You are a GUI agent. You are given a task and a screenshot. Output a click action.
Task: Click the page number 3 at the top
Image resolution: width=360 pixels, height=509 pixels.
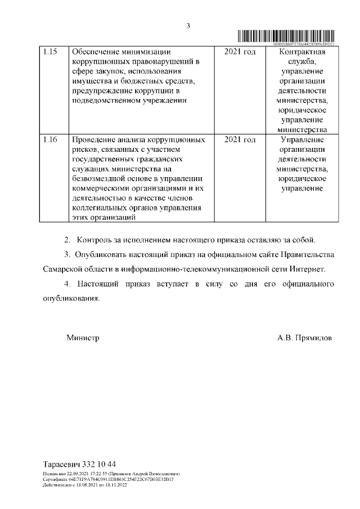point(189,25)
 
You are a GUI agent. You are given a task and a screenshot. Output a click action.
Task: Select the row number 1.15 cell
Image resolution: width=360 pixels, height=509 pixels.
point(50,52)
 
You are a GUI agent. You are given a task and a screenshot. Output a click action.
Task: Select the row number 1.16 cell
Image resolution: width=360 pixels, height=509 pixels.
point(50,139)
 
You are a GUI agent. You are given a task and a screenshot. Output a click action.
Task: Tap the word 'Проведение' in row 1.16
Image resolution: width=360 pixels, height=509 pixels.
point(94,139)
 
